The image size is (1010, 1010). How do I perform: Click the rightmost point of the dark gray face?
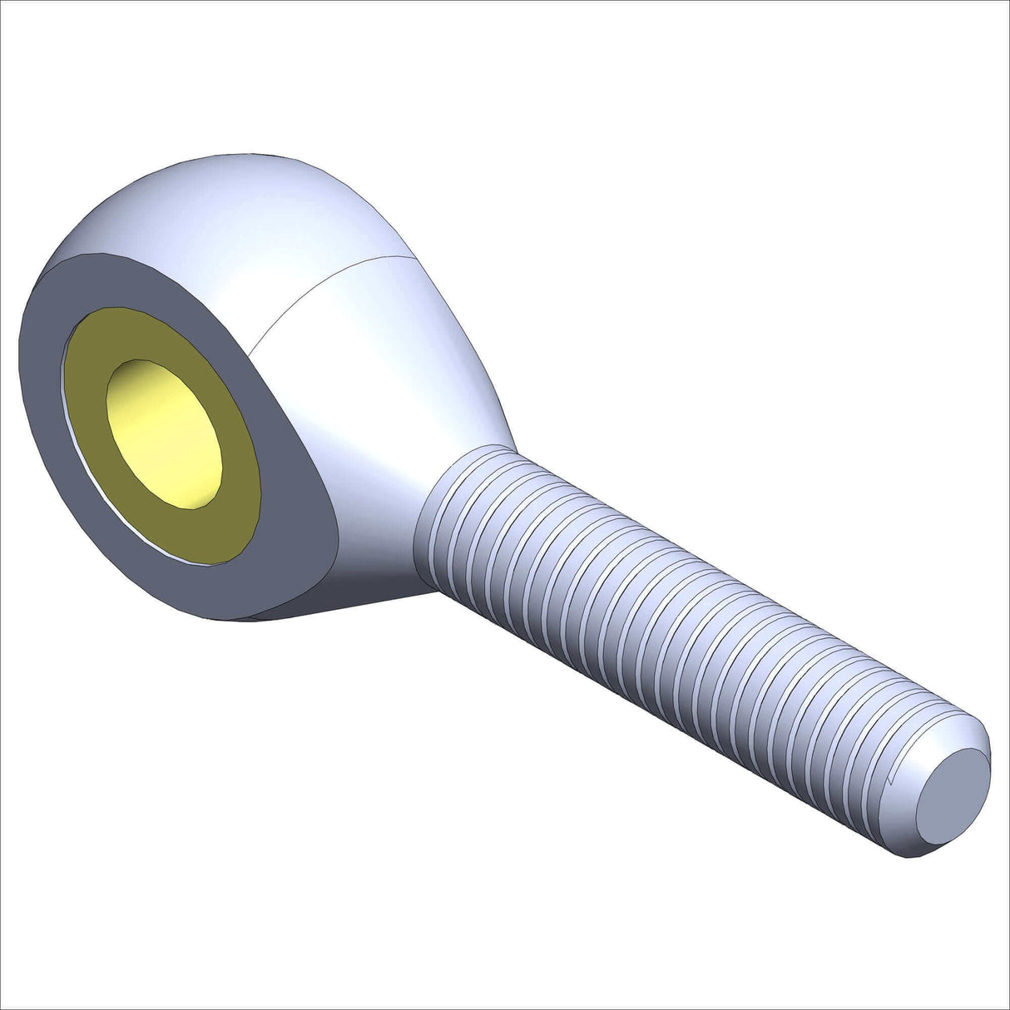tap(338, 532)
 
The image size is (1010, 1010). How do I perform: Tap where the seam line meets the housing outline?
tap(413, 255)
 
